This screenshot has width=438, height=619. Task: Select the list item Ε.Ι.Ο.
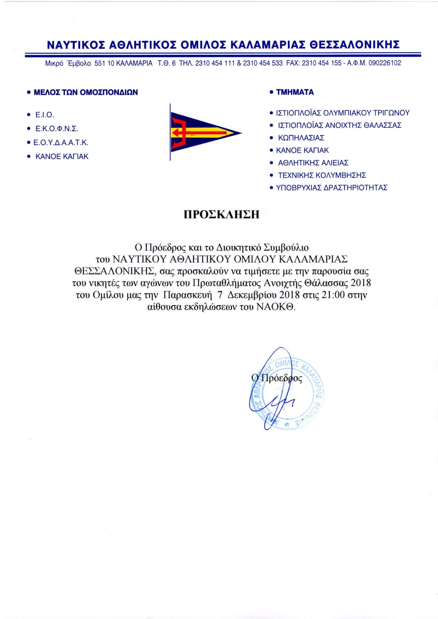tap(44, 115)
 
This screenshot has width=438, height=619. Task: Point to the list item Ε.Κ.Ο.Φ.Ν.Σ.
tap(57, 129)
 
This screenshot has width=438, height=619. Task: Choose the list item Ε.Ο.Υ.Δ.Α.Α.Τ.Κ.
tap(61, 143)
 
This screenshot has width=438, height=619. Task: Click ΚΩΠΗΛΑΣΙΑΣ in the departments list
tap(301, 138)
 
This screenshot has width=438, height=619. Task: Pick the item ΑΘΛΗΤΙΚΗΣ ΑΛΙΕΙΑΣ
tap(313, 163)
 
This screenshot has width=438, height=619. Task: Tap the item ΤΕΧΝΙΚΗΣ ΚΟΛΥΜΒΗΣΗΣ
tap(322, 175)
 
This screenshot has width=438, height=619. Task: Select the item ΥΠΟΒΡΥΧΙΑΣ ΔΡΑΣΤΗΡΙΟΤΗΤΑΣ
tap(332, 188)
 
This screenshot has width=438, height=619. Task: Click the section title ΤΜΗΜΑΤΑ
tap(295, 92)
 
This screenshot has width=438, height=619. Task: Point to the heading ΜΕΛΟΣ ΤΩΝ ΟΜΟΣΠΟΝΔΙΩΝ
tap(86, 92)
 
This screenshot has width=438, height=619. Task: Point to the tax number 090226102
tap(385, 63)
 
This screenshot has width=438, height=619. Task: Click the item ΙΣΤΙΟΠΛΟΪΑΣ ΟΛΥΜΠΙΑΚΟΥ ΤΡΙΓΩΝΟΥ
tap(343, 113)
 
